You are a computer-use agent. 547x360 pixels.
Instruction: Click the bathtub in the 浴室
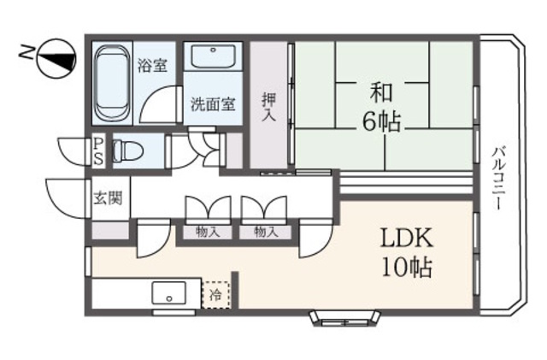112,83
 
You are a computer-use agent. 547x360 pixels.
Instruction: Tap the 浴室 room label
152,65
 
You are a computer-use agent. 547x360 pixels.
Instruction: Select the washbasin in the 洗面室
213,56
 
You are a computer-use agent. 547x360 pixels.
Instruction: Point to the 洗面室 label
213,103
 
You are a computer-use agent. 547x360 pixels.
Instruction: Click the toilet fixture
127,150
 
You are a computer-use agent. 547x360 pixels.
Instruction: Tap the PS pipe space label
99,151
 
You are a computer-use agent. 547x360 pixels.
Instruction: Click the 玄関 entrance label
109,198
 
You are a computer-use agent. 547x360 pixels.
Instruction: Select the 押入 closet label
269,107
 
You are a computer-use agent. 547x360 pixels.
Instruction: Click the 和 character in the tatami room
381,92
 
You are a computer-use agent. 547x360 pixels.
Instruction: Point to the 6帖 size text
381,122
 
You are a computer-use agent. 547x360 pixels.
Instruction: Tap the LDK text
407,238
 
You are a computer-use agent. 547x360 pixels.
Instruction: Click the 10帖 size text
407,267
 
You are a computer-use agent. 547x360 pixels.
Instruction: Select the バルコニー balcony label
499,179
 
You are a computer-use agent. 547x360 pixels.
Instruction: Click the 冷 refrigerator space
216,295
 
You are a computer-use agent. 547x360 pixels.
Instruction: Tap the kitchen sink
169,293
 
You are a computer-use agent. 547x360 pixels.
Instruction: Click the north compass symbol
56,58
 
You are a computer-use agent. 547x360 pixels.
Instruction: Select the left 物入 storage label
208,232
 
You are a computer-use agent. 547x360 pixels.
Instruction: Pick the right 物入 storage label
266,232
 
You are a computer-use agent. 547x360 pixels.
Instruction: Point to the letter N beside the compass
25,52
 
